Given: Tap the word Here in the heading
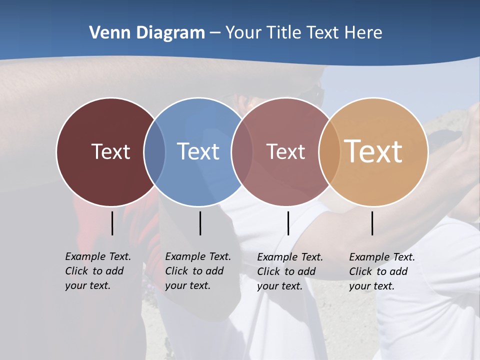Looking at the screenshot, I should tap(364, 33).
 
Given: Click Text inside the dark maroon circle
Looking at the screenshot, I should tap(110, 151).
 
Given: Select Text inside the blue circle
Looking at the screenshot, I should tap(198, 151).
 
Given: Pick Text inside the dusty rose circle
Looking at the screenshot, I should tap(285, 151).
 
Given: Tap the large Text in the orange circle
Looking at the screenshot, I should tap(373, 151).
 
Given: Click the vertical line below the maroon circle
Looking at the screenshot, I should tap(112, 223).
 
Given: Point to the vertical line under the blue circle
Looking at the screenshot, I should tap(200, 223).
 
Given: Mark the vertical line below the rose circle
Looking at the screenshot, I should tap(288, 223).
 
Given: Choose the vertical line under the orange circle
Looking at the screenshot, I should tap(372, 223).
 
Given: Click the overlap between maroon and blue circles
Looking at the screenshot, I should tap(154, 152).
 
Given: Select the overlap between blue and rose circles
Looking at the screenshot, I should tap(242, 152).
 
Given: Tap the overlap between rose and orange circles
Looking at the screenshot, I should tap(329, 152).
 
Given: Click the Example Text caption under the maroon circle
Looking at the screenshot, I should tap(97, 271).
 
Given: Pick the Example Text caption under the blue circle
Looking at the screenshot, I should tap(197, 271).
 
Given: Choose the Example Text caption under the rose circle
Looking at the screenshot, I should tap(289, 271).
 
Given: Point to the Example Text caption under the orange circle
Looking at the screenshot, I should tap(381, 271).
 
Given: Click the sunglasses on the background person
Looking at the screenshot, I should tap(314, 93).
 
